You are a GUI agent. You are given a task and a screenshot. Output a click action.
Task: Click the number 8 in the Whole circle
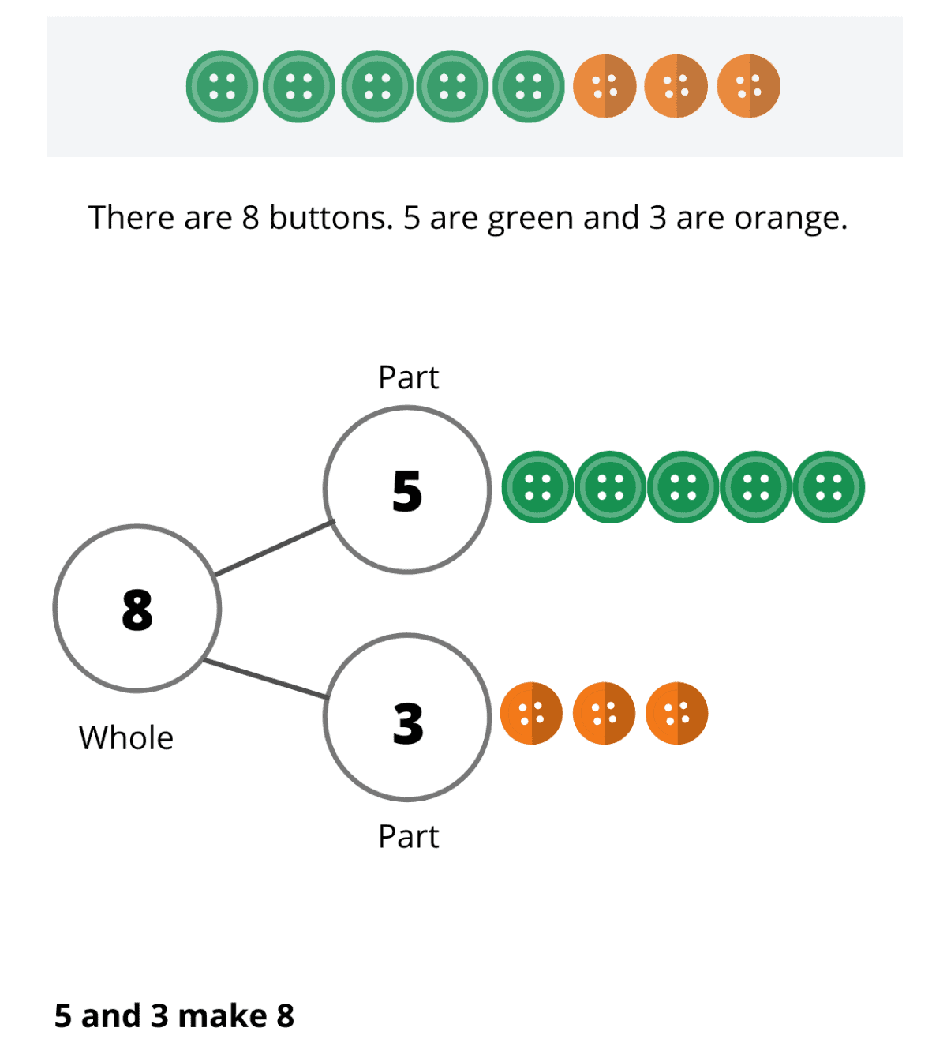(x=137, y=610)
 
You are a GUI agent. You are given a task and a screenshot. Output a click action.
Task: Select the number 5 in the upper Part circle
(x=407, y=491)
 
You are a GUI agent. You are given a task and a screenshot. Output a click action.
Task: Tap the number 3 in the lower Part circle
(x=407, y=722)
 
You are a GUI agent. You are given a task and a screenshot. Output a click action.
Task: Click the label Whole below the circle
(x=126, y=738)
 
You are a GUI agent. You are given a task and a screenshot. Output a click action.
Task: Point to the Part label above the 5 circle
(x=408, y=377)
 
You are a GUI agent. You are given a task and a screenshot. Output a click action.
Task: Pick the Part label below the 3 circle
(x=408, y=836)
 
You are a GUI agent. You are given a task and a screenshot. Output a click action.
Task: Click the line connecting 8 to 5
(x=275, y=548)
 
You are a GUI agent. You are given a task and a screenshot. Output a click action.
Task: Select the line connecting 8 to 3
(x=265, y=679)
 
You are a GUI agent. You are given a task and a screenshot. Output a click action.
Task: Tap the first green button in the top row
(x=222, y=86)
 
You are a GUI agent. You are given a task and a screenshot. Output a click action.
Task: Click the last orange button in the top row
(x=748, y=86)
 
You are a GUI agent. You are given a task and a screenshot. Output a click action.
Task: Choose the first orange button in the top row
(x=605, y=86)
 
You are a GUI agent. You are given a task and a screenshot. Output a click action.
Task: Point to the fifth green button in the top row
(x=528, y=86)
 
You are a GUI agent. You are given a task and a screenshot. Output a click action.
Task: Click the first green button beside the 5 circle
(x=537, y=487)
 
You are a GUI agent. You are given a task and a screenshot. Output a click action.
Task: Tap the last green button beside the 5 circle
(x=829, y=487)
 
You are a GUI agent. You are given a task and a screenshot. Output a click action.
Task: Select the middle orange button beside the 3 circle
(x=604, y=713)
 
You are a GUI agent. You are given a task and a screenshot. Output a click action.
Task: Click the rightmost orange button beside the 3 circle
(x=676, y=713)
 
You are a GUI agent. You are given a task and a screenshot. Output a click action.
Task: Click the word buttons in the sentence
(x=331, y=218)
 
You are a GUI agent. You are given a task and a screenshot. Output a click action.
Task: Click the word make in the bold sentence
(x=223, y=1016)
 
